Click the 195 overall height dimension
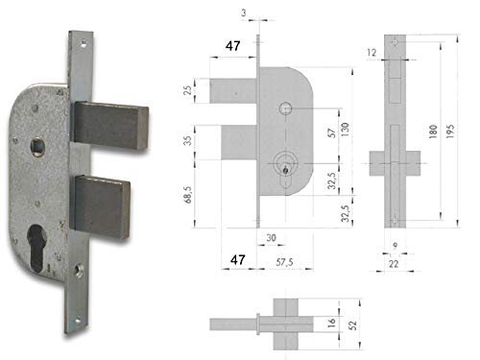[x=450, y=132]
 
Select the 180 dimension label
[x=433, y=132]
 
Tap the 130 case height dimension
[x=345, y=130]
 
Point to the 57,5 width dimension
[x=284, y=262]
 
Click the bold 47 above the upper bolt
[x=232, y=46]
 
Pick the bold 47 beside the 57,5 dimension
[x=238, y=260]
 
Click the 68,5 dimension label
[x=188, y=195]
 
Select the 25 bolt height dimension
[x=188, y=90]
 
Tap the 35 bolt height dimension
[x=188, y=140]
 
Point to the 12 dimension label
[x=372, y=53]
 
